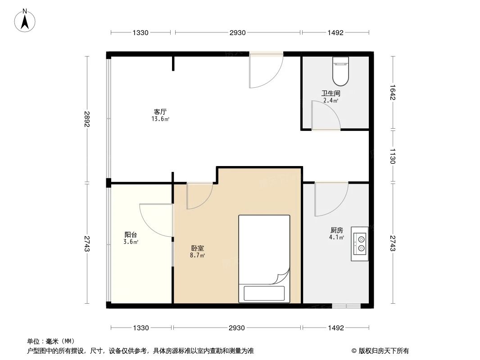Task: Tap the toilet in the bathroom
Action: (x=340, y=72)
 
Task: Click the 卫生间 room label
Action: (x=331, y=94)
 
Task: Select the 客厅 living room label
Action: (x=160, y=112)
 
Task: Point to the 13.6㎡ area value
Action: (x=160, y=119)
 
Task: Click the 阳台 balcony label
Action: (x=131, y=234)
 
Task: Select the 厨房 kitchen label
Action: (x=336, y=230)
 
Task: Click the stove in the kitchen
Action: (x=359, y=244)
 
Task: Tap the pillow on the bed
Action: (x=264, y=293)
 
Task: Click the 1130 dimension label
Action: (x=392, y=156)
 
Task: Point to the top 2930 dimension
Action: (x=237, y=32)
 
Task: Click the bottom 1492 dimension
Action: (x=335, y=328)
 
